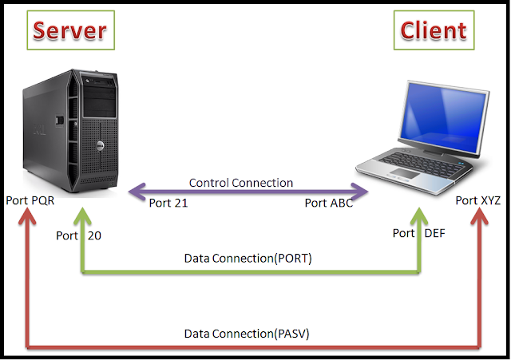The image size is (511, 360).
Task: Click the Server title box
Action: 69,30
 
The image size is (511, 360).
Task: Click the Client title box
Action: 432,30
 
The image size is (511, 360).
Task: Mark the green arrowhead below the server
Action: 82,217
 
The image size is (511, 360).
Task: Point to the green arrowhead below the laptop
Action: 420,217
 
